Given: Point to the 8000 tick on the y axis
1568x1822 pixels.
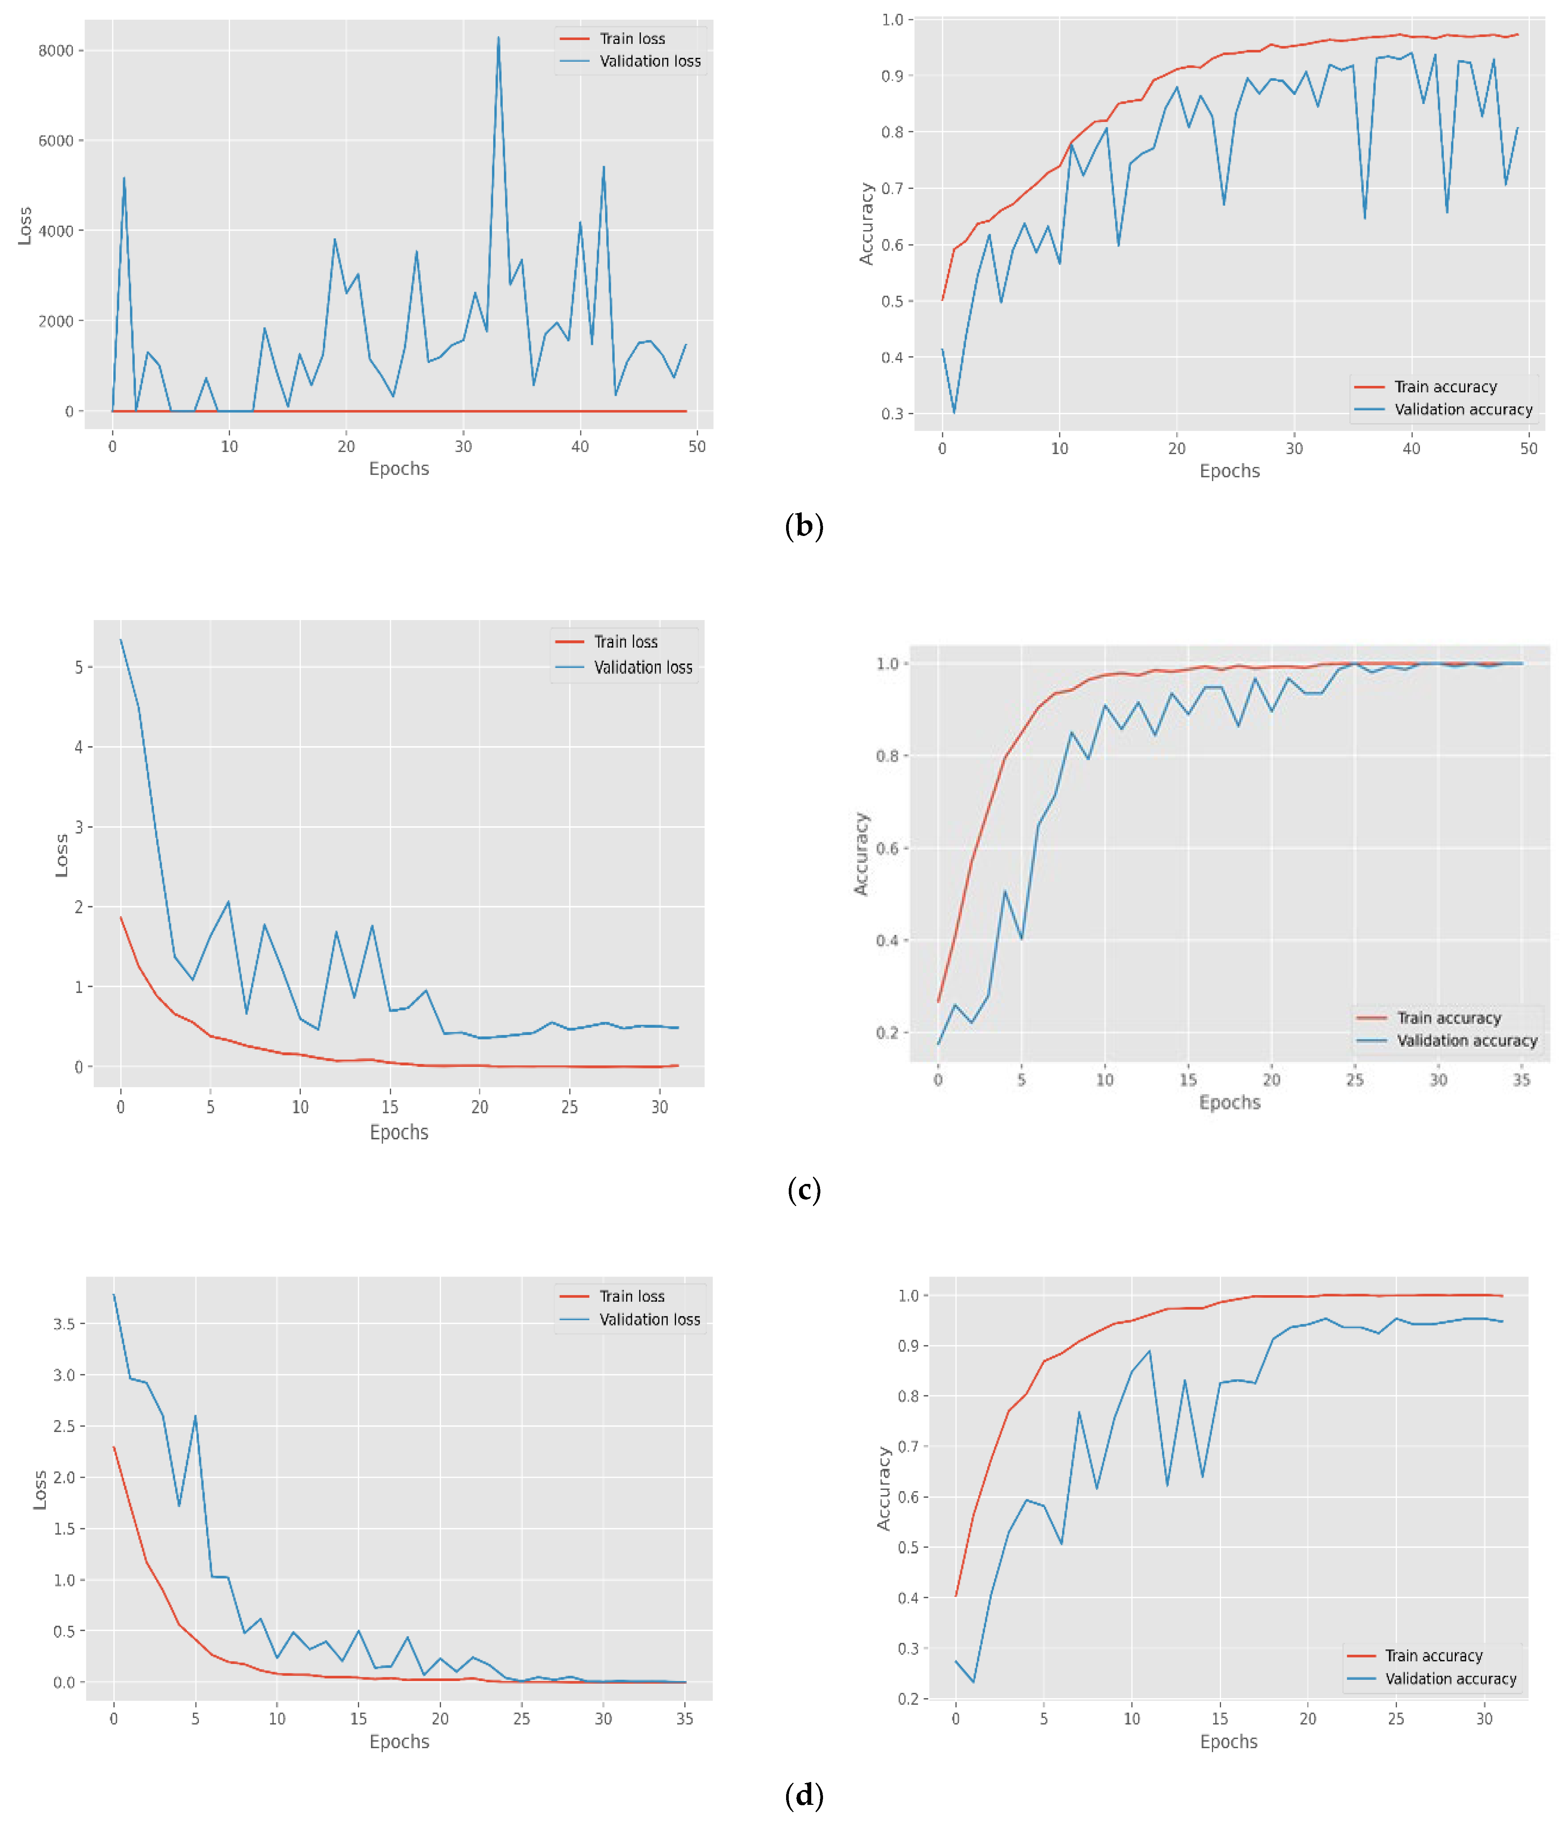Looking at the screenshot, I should coord(55,51).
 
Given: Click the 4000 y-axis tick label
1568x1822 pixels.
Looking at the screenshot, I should coord(55,231).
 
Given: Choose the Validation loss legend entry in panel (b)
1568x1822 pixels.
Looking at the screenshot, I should coord(649,62).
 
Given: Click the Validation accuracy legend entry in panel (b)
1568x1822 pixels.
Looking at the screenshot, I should coord(1463,410).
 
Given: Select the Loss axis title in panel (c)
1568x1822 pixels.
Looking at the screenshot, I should coord(62,855).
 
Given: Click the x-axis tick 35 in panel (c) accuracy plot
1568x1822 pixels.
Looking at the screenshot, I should coord(1520,1080).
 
